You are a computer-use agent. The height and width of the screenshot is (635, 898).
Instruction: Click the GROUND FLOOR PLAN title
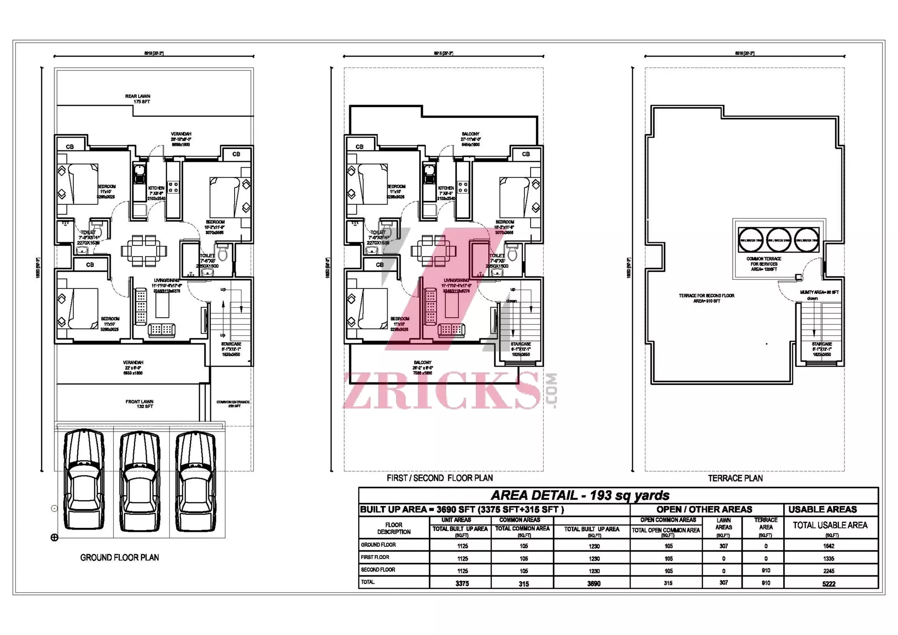[x=119, y=558]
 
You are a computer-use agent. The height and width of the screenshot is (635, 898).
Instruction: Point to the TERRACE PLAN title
[x=735, y=478]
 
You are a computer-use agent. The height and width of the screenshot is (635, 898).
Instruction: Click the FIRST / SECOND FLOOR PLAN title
[x=439, y=478]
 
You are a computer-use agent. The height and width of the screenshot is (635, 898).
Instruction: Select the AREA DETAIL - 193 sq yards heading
[x=580, y=495]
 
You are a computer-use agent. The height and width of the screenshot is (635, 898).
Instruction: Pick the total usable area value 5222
[x=829, y=584]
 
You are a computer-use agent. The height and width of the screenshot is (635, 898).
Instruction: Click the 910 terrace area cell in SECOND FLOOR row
[x=766, y=571]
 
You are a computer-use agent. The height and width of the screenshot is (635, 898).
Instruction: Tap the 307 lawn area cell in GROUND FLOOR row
[x=723, y=546]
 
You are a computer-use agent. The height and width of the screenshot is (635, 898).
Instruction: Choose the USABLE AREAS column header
[x=823, y=509]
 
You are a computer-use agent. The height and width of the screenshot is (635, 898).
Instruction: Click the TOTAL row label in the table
[x=368, y=582]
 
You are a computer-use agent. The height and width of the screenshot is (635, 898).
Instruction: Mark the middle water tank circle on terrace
[x=778, y=240]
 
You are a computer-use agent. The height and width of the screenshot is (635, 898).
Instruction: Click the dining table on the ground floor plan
[x=144, y=251]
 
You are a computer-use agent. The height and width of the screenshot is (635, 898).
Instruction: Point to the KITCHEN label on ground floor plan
[x=156, y=188]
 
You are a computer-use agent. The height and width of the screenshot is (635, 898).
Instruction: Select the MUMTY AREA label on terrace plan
[x=819, y=292]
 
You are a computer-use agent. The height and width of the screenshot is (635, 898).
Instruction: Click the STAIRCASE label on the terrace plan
[x=822, y=344]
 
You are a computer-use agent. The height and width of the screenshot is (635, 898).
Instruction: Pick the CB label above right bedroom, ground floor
[x=236, y=154]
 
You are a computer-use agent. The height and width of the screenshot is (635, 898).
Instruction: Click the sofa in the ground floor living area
[x=161, y=330]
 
